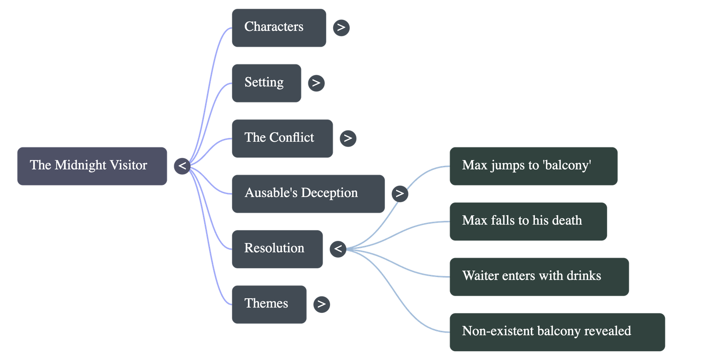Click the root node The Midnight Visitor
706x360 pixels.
[x=92, y=166]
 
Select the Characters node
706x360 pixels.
[x=279, y=27]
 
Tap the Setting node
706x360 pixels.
[x=267, y=83]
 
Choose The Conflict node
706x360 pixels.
[x=282, y=138]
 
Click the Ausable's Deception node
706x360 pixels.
[x=308, y=194]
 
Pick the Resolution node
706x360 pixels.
[x=277, y=249]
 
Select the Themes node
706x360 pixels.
[x=269, y=304]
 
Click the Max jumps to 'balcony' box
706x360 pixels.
[x=533, y=166]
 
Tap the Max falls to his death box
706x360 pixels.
[x=528, y=221]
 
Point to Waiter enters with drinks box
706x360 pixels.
[x=539, y=277]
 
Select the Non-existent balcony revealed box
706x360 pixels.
[x=557, y=332]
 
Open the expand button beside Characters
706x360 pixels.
[x=341, y=27]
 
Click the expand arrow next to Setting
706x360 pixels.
[x=316, y=83]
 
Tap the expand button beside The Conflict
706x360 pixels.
[x=348, y=138]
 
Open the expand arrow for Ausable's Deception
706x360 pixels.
[x=400, y=193]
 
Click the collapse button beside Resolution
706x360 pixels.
[x=338, y=249]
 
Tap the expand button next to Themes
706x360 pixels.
[x=321, y=304]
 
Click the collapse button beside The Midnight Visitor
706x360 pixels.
[x=182, y=166]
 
